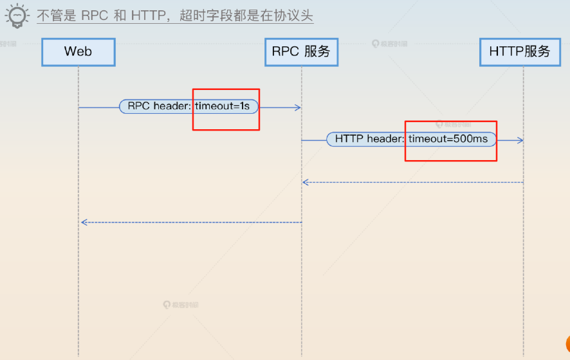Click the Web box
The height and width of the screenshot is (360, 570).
coord(78,52)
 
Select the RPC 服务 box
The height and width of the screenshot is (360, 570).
coord(301,52)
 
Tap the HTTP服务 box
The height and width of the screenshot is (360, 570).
coord(520,52)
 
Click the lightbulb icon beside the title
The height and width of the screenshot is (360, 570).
coord(17,15)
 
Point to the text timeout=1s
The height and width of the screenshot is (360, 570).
coord(222,106)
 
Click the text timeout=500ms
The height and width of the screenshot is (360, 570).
coord(448,139)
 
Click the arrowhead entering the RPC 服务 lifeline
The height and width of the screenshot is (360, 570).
coord(298,107)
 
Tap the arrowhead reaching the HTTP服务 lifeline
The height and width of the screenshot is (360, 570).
coord(520,139)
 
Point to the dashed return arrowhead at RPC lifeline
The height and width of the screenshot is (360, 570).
coord(306,183)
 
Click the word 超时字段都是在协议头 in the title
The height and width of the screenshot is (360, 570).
coord(246,15)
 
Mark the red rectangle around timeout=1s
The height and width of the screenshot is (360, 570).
coord(226,89)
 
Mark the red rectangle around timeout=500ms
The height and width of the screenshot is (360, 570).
coord(450,122)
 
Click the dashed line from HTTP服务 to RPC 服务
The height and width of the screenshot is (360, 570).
coord(412,183)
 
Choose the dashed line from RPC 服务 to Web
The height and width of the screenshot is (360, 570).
coord(193,222)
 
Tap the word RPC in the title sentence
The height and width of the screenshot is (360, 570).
coord(95,15)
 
